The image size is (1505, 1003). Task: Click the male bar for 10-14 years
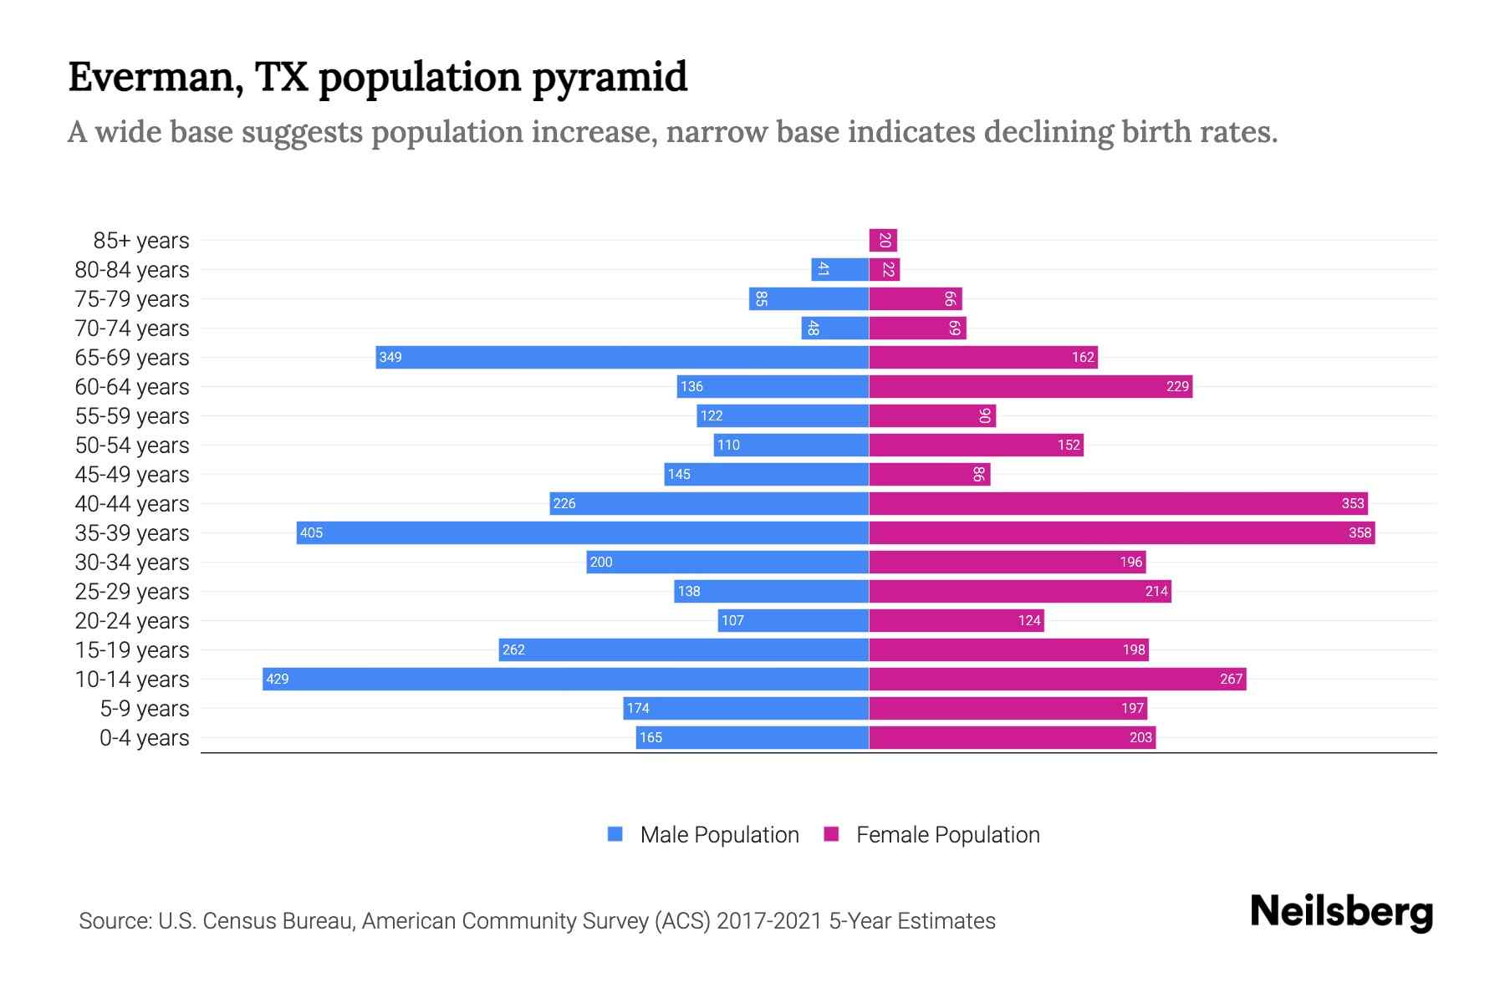click(565, 679)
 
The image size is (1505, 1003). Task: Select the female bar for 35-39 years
click(1121, 532)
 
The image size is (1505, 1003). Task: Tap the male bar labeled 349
click(622, 357)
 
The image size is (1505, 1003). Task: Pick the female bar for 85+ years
click(883, 240)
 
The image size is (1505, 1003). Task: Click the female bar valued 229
click(1030, 386)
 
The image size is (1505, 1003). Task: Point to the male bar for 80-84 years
click(839, 269)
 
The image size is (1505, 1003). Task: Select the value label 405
click(311, 532)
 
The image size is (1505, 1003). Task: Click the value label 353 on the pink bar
click(1352, 503)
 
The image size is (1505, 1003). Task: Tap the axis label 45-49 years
click(132, 474)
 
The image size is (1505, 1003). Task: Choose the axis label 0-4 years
click(144, 737)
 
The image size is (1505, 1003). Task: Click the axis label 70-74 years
click(132, 328)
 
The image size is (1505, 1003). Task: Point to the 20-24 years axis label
click(132, 620)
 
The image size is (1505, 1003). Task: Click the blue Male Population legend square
click(615, 834)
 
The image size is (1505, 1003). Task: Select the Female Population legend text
click(947, 834)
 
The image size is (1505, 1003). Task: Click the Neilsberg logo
click(1341, 911)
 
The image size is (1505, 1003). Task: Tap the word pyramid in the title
click(609, 77)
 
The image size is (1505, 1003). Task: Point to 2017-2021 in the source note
click(769, 920)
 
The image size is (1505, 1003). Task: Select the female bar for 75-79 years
click(916, 298)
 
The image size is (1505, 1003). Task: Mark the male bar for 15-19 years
click(683, 649)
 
